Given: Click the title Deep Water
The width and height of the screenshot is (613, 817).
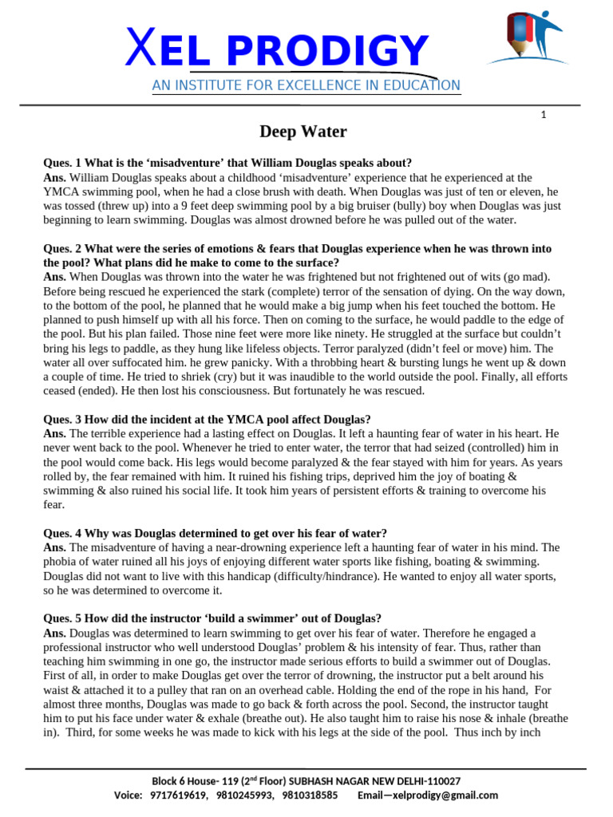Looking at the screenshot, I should pyautogui.click(x=303, y=132).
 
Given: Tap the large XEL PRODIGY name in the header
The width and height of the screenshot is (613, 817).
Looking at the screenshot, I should pyautogui.click(x=278, y=50).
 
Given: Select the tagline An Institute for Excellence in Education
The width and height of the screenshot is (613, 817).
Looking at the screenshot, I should pyautogui.click(x=306, y=85).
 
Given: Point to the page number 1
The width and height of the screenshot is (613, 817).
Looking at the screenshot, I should pyautogui.click(x=544, y=115).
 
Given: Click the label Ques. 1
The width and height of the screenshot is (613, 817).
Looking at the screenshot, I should pyautogui.click(x=65, y=163).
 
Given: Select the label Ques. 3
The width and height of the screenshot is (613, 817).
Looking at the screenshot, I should pyautogui.click(x=65, y=419).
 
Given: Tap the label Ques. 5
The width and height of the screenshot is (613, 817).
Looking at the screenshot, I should pyautogui.click(x=65, y=618).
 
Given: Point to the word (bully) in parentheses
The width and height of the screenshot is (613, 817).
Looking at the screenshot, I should pyautogui.click(x=408, y=206).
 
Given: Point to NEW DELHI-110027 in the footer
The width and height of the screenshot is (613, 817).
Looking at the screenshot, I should pyautogui.click(x=415, y=781).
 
